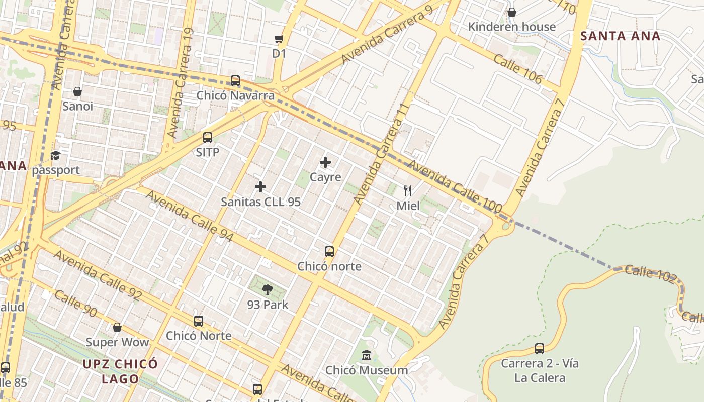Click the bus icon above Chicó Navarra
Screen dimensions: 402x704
point(235,81)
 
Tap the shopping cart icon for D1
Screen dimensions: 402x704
point(279,39)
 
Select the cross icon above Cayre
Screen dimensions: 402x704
point(325,162)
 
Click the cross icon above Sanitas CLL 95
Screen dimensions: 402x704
point(260,187)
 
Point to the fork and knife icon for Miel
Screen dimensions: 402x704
point(408,191)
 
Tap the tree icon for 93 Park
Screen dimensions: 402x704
point(268,289)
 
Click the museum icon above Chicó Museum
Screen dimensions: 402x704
point(367,356)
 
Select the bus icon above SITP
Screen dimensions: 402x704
point(208,138)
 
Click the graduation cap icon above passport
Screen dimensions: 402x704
point(55,156)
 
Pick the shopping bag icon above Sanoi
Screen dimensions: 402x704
point(77,91)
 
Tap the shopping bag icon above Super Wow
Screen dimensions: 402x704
point(117,328)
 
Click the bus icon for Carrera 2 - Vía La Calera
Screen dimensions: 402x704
point(540,349)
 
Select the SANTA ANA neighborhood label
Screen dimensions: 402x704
point(620,36)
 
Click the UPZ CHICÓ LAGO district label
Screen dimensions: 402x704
point(121,371)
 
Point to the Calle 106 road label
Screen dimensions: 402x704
point(517,69)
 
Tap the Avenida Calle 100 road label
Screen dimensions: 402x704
point(455,185)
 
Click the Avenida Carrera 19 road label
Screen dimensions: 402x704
point(181,83)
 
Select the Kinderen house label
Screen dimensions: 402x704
point(512,27)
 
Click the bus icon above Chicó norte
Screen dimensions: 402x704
point(329,252)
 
